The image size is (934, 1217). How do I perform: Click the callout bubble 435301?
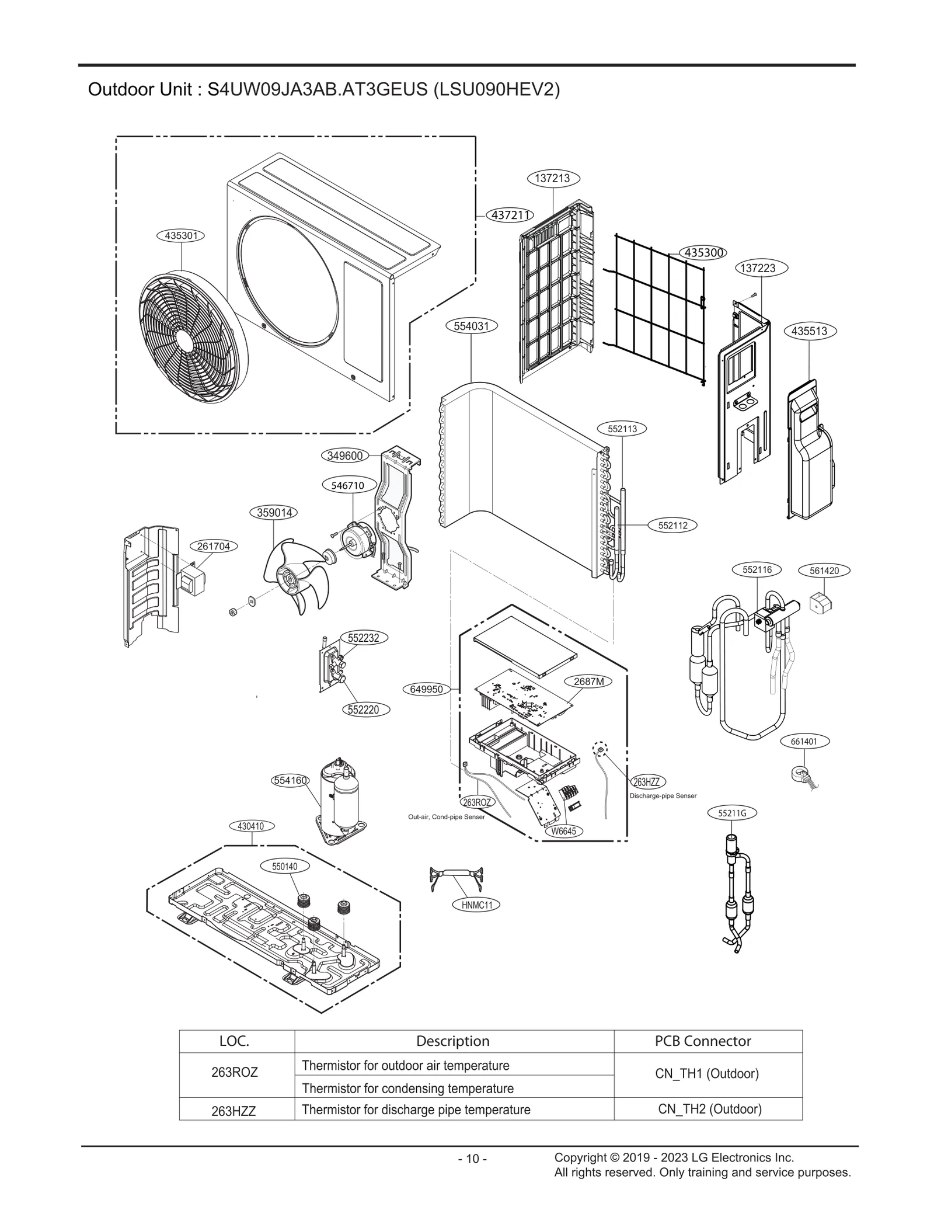(x=180, y=236)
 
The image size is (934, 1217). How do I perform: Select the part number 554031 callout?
(x=471, y=326)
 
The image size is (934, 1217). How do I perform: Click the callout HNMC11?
(x=477, y=905)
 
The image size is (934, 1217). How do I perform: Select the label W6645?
(x=563, y=831)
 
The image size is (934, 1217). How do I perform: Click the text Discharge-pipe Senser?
(x=663, y=795)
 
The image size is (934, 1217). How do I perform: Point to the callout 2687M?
(x=588, y=681)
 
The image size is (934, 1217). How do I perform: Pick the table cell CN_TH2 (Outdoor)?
(x=709, y=1109)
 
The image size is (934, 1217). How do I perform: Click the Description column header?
(x=452, y=1041)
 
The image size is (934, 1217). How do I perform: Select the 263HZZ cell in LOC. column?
(x=233, y=1111)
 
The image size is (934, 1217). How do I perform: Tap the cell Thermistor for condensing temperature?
(x=407, y=1089)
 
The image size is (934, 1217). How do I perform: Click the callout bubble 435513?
(x=809, y=331)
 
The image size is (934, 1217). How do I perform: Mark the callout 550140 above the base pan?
(x=285, y=867)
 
